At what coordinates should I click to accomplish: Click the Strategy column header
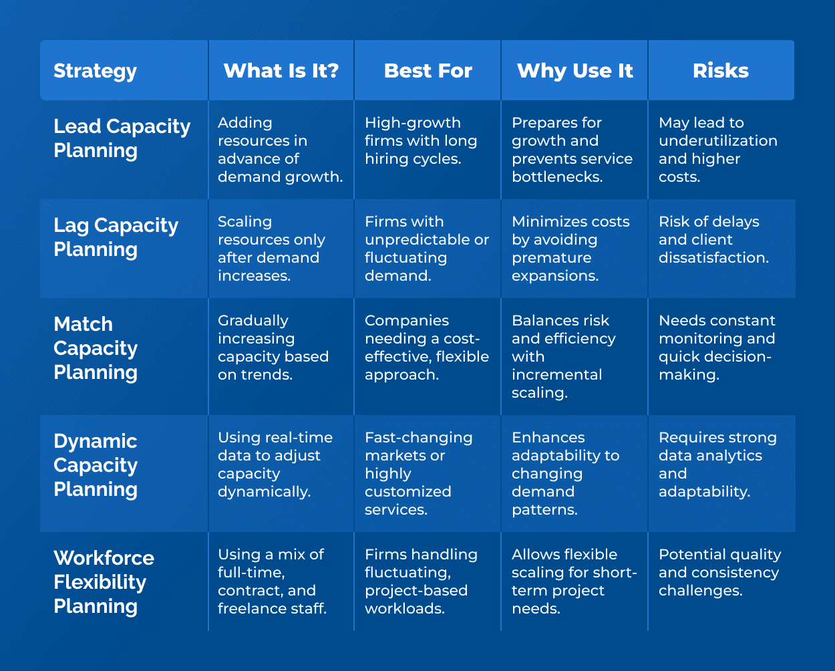(95, 71)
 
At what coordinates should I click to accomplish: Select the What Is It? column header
(281, 71)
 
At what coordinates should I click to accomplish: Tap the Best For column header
(428, 71)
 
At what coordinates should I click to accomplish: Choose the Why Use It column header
(574, 71)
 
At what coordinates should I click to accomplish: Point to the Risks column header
(721, 71)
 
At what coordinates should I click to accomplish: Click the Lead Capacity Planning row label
(122, 138)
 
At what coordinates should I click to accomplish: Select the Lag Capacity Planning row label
(116, 237)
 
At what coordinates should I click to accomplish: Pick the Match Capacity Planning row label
(96, 348)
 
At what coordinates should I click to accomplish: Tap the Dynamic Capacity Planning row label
(96, 465)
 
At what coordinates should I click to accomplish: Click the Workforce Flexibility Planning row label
(104, 582)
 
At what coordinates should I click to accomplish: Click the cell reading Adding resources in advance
(280, 150)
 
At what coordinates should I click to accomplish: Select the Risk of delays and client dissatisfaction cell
(713, 239)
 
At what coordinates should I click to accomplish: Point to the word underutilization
(717, 141)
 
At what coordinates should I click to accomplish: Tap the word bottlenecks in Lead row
(557, 177)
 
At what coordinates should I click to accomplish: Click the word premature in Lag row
(551, 258)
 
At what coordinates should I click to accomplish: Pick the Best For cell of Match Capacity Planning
(426, 348)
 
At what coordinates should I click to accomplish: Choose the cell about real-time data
(275, 464)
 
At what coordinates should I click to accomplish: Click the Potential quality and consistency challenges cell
(719, 573)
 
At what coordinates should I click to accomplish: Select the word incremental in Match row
(556, 375)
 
